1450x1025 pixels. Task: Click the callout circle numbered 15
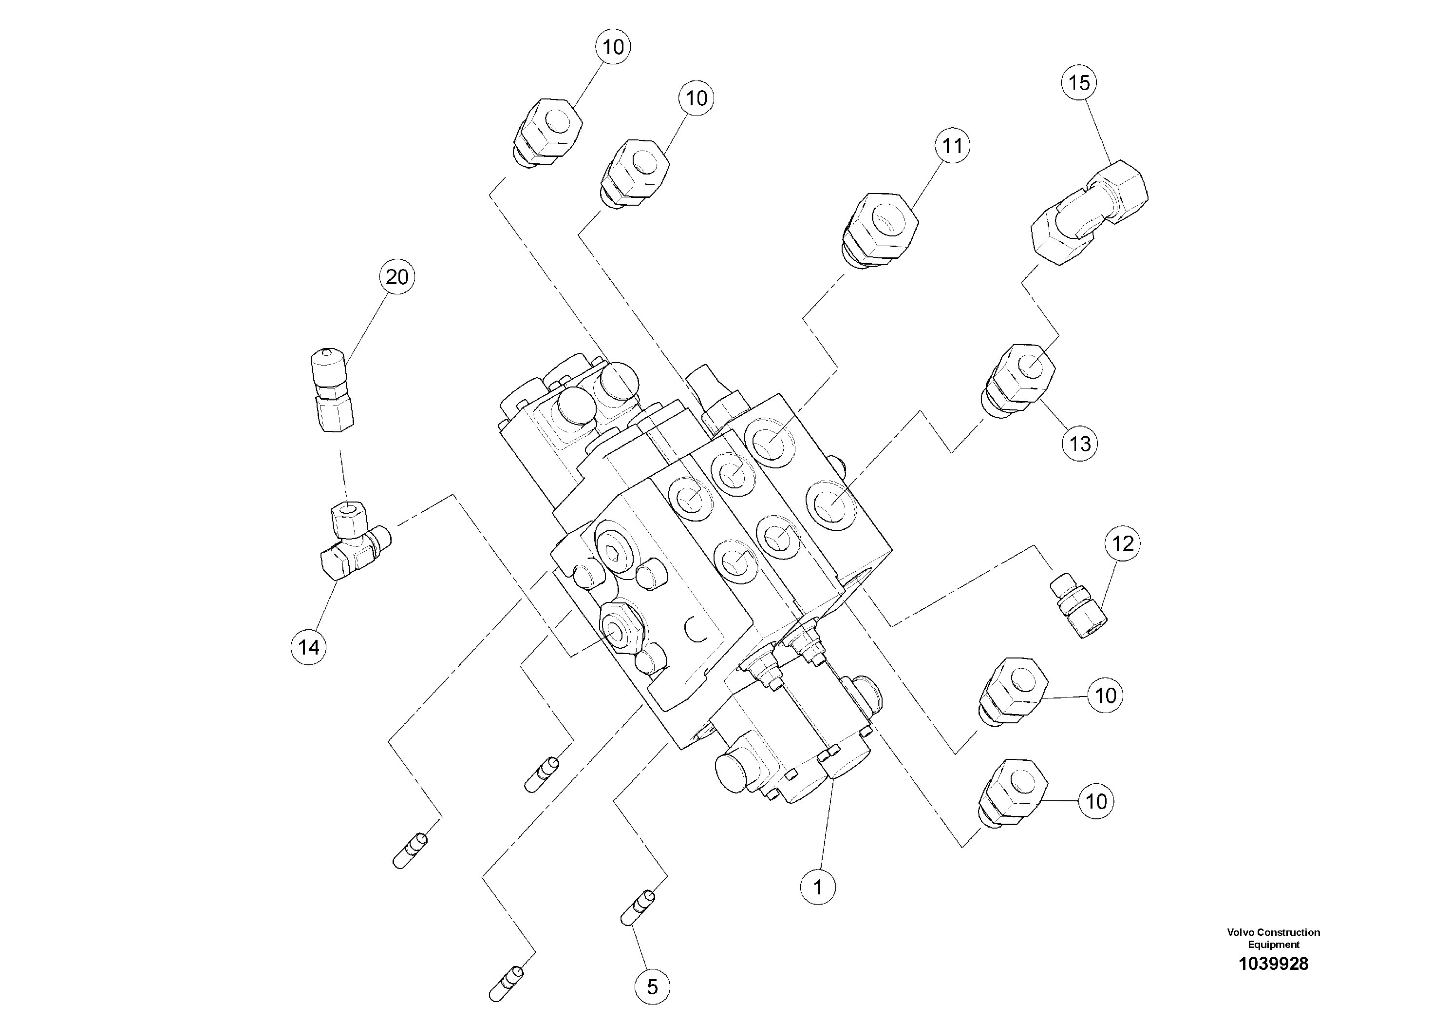tap(1079, 83)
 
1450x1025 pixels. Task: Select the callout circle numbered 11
tap(952, 146)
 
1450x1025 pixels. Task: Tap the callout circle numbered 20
tap(396, 277)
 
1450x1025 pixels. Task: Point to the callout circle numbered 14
tap(309, 647)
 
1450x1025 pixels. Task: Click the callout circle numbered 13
tap(1079, 444)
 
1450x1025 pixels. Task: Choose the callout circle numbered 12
tap(1122, 543)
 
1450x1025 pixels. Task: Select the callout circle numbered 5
tap(652, 986)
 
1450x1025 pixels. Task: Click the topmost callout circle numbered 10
tap(613, 47)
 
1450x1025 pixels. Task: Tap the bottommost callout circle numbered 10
tap(1096, 801)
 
